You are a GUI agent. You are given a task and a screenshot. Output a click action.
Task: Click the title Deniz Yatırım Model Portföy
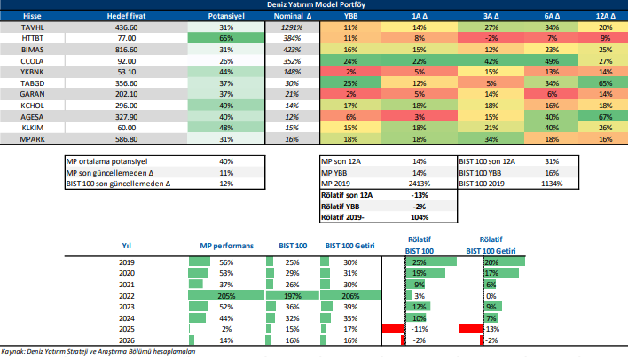tap(313, 4)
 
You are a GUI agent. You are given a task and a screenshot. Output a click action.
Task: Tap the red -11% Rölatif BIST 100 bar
tap(391, 328)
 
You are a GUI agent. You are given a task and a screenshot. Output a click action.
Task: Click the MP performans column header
tap(226, 245)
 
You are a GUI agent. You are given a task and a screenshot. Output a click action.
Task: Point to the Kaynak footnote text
tap(98, 352)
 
